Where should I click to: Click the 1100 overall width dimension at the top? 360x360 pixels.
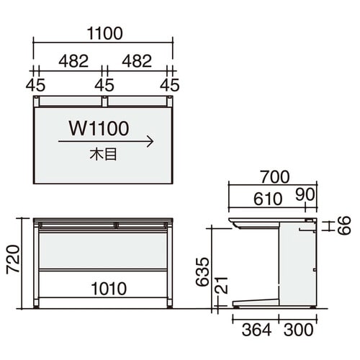click(105, 34)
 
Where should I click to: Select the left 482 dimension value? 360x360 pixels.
click(73, 61)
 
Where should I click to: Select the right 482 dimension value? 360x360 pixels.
click(137, 61)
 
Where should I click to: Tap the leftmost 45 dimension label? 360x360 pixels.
click(35, 85)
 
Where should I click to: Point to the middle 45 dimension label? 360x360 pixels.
click(104, 85)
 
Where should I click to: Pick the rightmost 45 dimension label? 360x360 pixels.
click(170, 85)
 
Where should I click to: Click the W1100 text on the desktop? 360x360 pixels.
click(99, 128)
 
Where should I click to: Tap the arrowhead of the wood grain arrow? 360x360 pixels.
click(150, 142)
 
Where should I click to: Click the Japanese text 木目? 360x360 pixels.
click(104, 154)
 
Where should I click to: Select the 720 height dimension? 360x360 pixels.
click(13, 259)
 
